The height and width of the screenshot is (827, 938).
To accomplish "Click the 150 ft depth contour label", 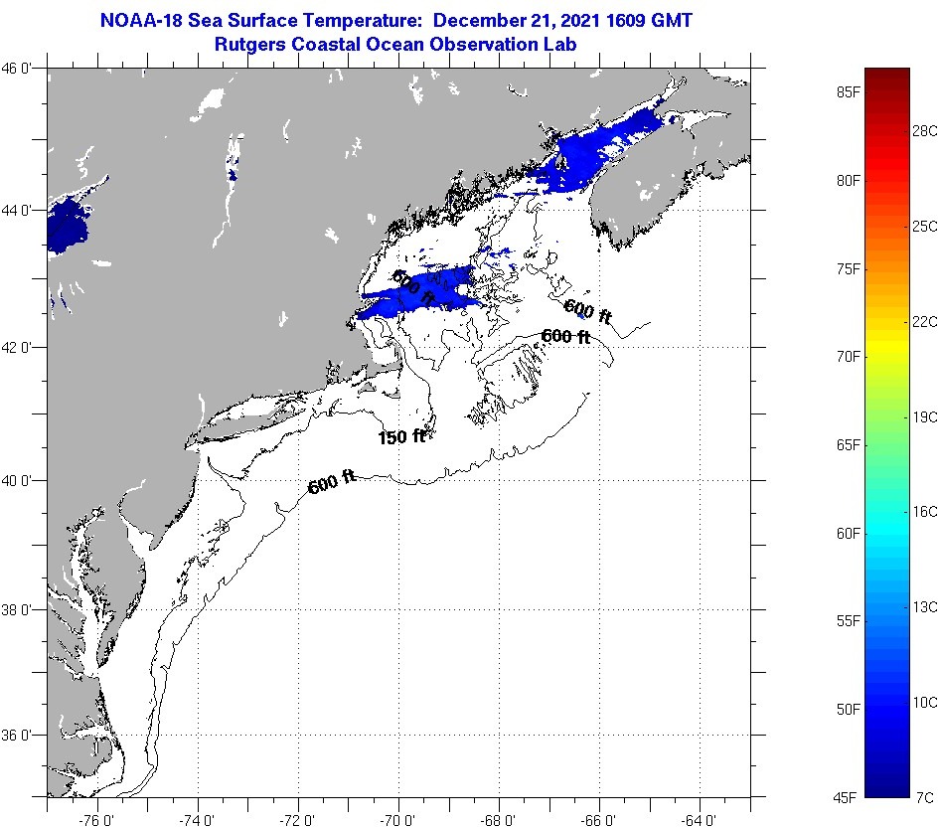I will [401, 436].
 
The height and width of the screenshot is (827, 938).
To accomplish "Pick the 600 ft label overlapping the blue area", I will [413, 287].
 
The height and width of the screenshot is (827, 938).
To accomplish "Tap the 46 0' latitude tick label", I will [22, 69].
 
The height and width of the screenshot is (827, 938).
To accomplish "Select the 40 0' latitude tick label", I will [22, 481].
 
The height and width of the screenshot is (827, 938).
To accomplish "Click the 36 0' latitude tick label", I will [22, 736].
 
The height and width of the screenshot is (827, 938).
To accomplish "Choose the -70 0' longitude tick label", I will [398, 820].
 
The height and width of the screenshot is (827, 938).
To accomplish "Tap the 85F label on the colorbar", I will [847, 92].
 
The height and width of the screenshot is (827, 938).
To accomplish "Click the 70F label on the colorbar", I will [847, 356].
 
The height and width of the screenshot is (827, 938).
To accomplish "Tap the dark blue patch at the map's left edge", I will [66, 225].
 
